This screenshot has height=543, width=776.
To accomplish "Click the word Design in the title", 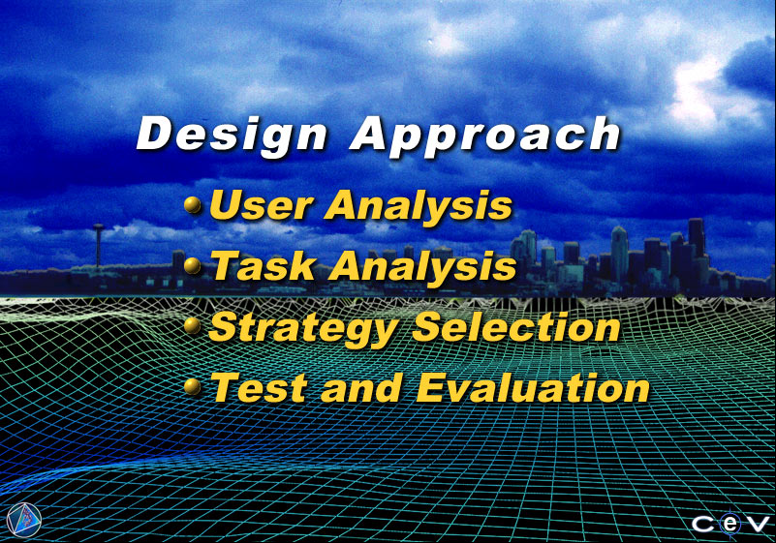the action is pos(232,135).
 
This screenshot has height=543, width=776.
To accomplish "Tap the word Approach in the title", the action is pos(485,135).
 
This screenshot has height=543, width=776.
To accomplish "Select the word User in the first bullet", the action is pos(262,204).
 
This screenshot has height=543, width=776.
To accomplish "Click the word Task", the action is pos(264,265).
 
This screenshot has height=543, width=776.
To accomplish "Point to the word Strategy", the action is pos(303,328).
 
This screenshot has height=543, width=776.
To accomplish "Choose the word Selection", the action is pos(516,326).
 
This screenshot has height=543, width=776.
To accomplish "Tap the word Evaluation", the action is pos(533,387).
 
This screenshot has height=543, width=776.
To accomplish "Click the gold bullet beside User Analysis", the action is pos(193,204).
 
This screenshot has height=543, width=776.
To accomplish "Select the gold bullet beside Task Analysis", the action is pos(193,265).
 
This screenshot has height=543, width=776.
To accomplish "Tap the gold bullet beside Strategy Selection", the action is pos(192,325).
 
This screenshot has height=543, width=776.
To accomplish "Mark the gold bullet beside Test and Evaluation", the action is pos(192,386).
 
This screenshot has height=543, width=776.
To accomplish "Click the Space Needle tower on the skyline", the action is pos(99,246).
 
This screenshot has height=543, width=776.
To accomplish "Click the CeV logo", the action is pos(730,524).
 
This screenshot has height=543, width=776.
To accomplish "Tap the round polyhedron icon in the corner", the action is pos(24,520).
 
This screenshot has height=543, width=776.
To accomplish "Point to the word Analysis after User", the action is pos(419,205).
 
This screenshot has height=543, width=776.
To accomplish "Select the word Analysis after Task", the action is pos(423,266).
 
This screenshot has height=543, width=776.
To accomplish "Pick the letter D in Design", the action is pos(154,133).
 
